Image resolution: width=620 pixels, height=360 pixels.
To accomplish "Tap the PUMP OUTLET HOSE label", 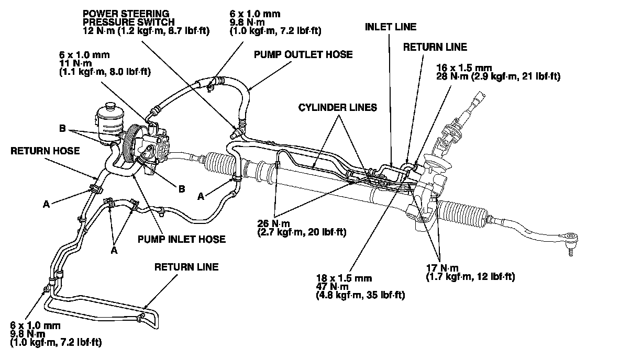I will (x=303, y=54).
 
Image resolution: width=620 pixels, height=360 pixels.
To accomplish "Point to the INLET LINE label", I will (x=391, y=27).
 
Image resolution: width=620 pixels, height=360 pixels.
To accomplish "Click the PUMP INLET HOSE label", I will (x=182, y=239).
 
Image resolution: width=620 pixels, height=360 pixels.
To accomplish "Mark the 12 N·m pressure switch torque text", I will (x=146, y=31).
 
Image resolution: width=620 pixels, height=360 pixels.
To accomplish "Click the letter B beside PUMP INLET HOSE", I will (x=181, y=189).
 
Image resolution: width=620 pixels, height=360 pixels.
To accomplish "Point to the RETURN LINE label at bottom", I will (x=186, y=267).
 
